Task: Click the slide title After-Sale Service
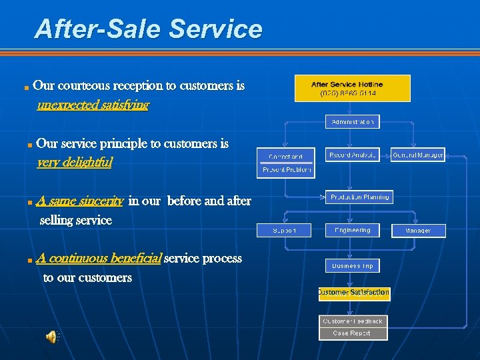[148, 29]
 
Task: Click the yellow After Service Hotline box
[352, 88]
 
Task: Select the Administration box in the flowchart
[352, 121]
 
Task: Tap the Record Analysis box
[352, 155]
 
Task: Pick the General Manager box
[418, 155]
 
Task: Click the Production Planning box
[359, 197]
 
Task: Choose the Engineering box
[352, 230]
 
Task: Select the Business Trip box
[352, 265]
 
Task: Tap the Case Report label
[352, 333]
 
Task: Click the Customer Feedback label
[352, 321]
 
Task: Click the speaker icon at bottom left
[51, 337]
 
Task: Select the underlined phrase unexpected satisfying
[93, 105]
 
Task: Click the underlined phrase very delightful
[75, 162]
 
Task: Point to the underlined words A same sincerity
[80, 201]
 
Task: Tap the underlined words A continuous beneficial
[99, 258]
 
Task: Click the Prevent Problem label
[286, 170]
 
